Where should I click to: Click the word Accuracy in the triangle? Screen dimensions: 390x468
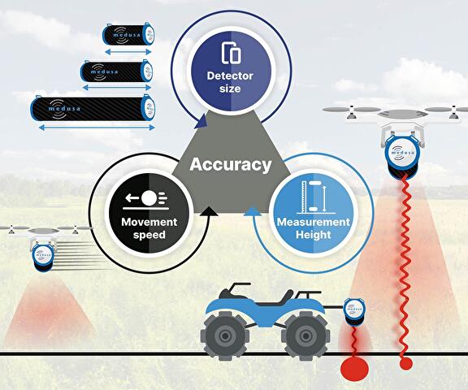click(x=230, y=165)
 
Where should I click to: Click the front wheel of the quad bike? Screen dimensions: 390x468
click(x=302, y=335)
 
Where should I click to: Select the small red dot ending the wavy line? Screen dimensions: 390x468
click(x=406, y=362)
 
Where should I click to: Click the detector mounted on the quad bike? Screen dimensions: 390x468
click(x=355, y=310)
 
